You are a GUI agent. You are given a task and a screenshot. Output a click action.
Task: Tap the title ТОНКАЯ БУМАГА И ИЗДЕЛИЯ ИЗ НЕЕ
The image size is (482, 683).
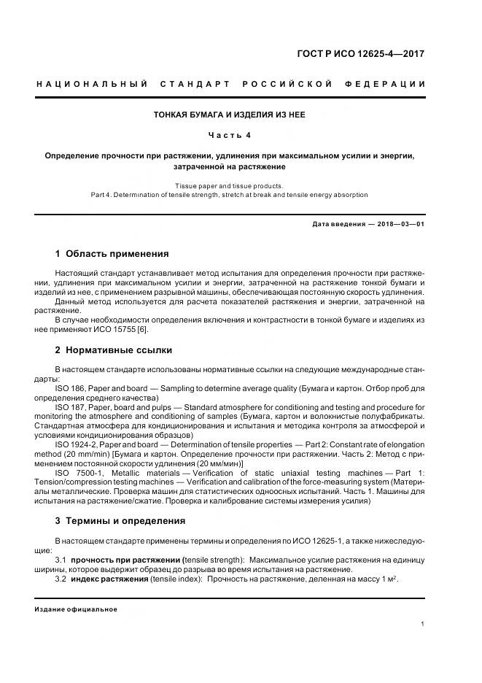229,115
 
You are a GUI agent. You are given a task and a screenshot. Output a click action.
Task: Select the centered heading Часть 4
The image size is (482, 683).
230,135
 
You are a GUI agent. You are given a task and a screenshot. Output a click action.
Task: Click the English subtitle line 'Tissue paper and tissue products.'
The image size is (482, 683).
229,185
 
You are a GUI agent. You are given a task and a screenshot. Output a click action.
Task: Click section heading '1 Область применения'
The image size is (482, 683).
112,254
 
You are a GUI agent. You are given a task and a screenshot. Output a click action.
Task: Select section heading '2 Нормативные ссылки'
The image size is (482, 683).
114,350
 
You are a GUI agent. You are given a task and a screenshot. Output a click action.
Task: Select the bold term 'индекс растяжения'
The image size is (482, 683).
109,578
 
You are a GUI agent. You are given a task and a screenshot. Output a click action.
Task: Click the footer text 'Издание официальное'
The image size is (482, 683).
76,609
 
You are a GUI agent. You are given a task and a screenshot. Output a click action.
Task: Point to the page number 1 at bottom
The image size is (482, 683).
423,624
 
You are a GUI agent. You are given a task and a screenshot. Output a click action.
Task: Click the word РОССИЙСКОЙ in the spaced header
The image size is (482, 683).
284,84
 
